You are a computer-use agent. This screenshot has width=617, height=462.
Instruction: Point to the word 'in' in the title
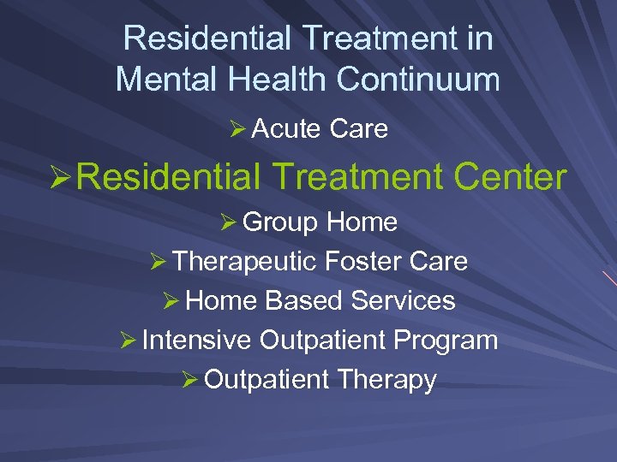tap(477, 38)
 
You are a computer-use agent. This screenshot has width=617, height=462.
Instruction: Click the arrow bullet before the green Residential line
tap(63, 178)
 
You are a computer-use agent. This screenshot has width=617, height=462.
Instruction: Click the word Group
tap(281, 222)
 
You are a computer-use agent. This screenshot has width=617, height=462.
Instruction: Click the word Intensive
tap(197, 340)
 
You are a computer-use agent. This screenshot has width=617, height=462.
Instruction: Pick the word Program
tap(446, 341)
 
